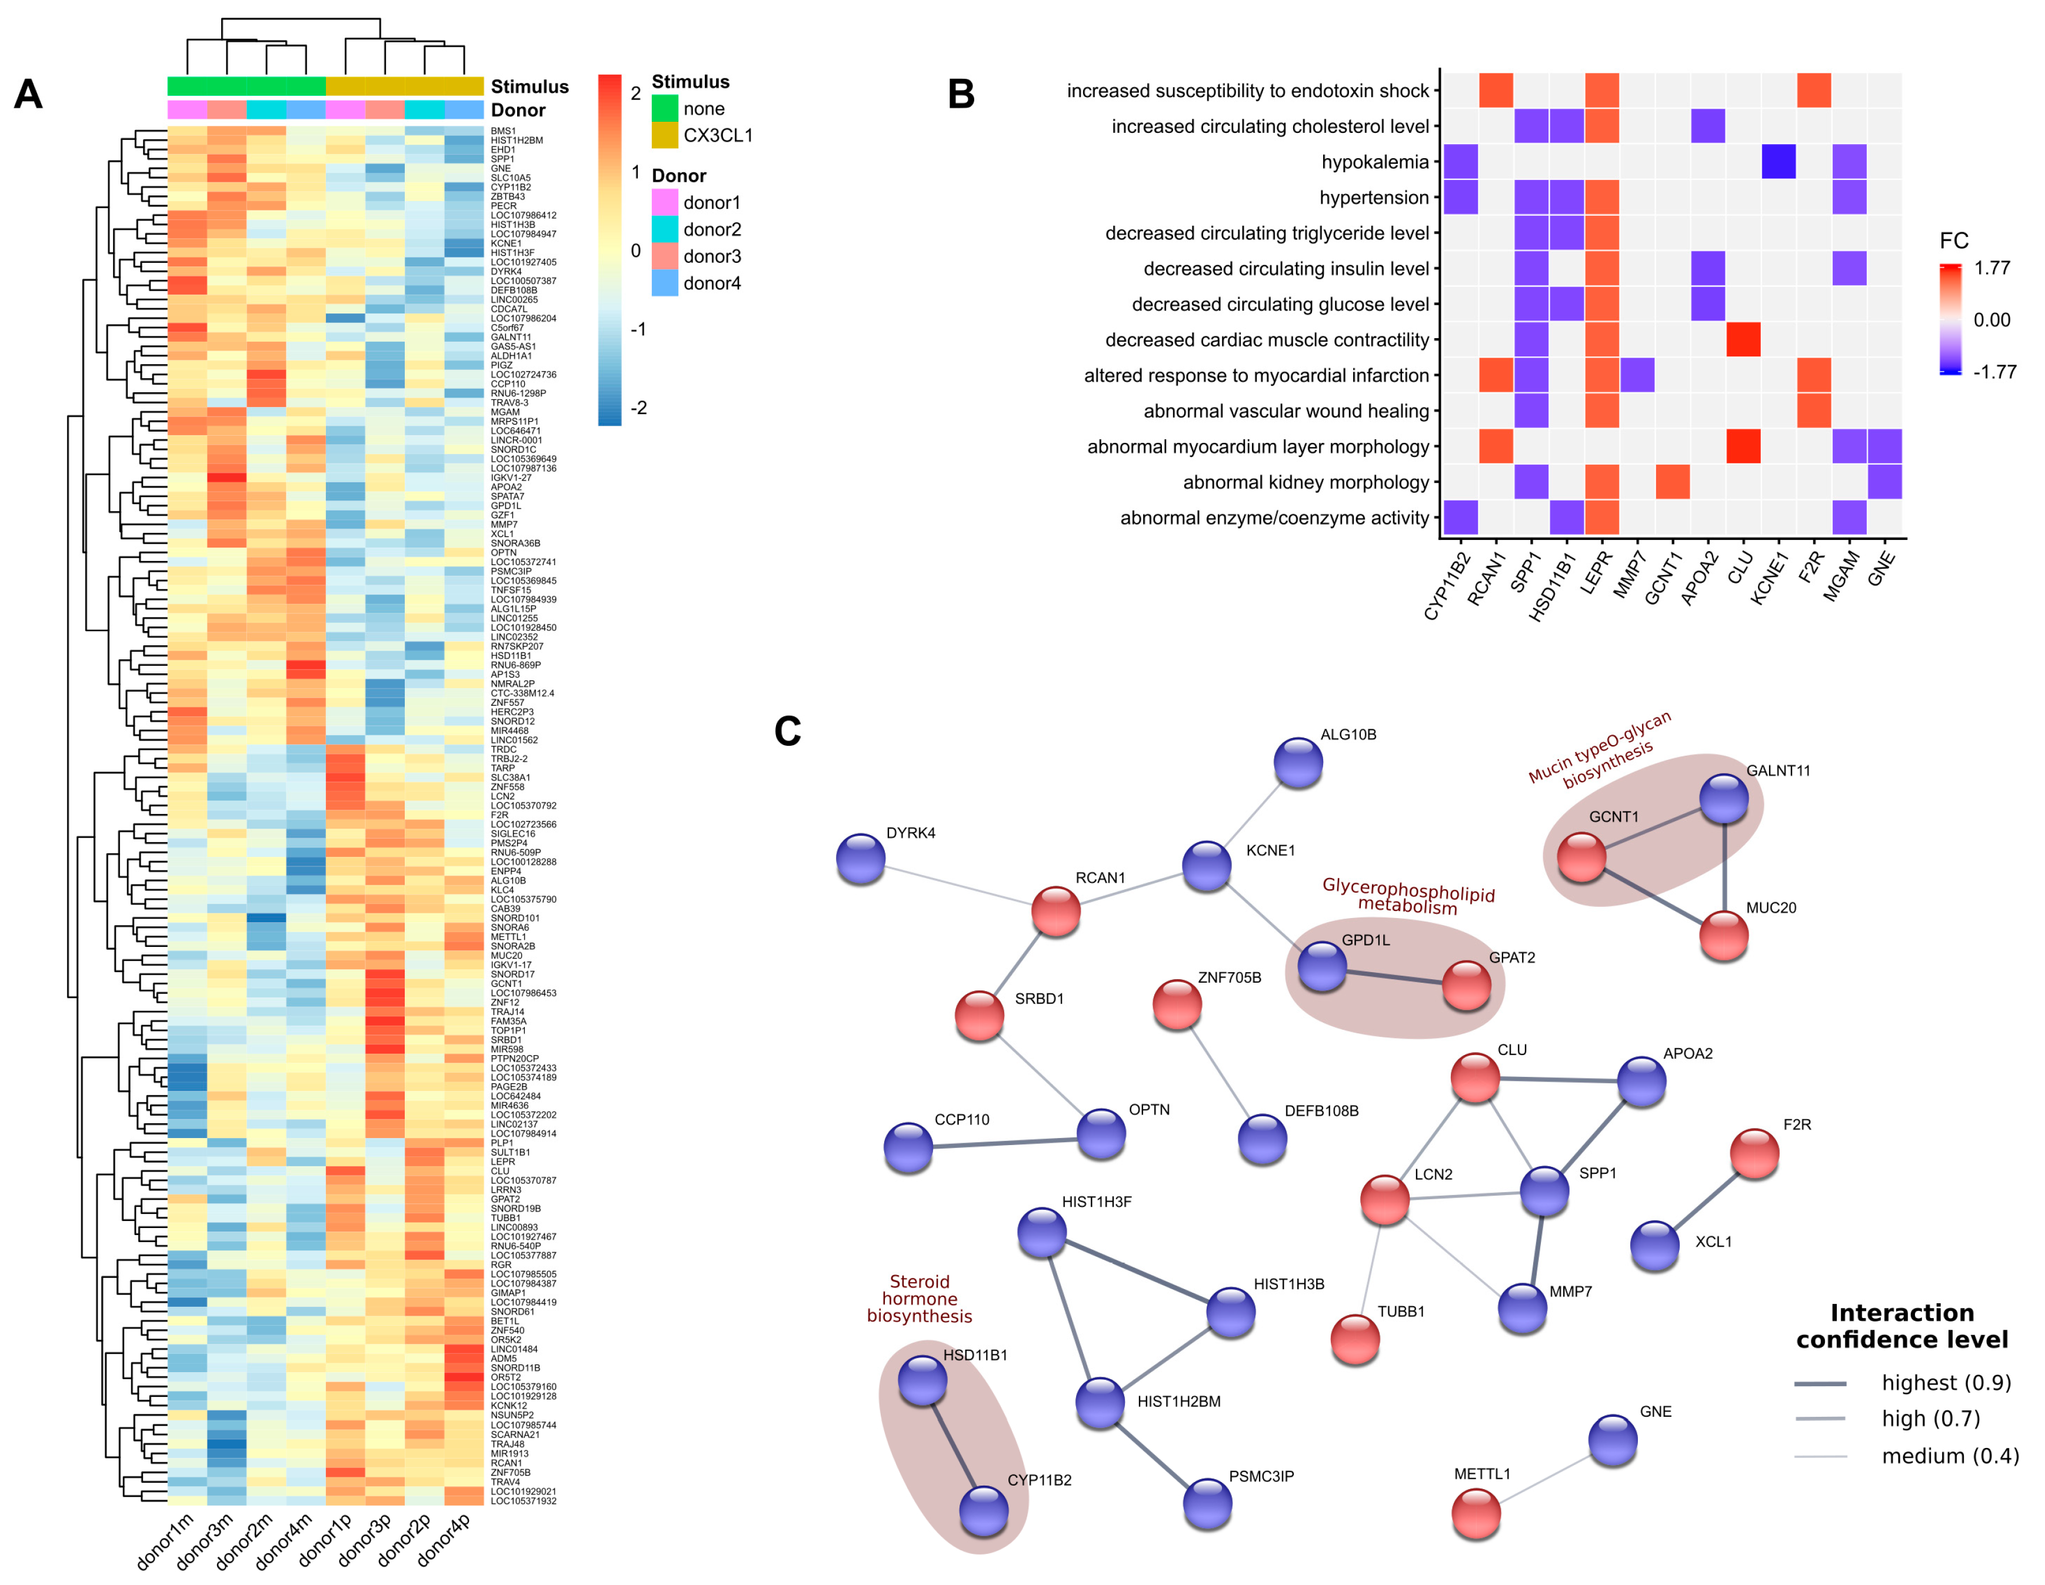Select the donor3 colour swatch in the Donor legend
tap(664, 256)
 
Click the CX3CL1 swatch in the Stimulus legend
tap(664, 135)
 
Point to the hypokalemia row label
tap(1374, 162)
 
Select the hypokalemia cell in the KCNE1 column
tap(1778, 162)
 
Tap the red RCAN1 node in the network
tap(1055, 911)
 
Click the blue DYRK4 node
tap(861, 859)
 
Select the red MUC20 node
tap(1723, 935)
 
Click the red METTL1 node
tap(1476, 1514)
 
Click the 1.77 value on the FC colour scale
tap(1991, 269)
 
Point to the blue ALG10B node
tap(1298, 763)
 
